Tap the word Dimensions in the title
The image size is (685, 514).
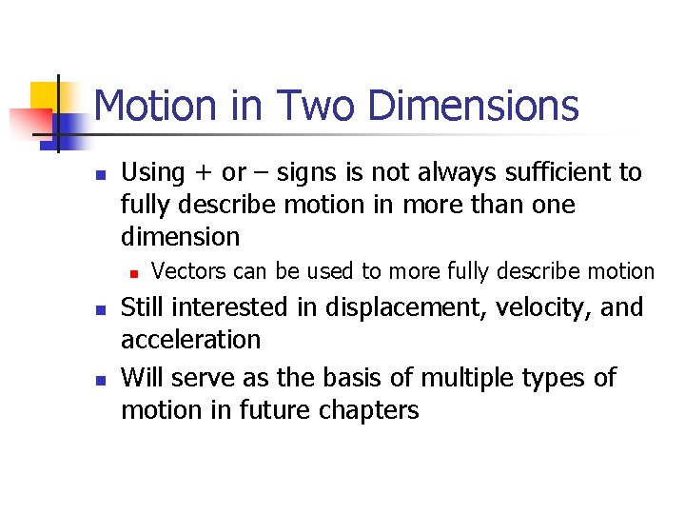coord(473,106)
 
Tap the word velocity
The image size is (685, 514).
coord(547,307)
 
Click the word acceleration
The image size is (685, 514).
coord(190,340)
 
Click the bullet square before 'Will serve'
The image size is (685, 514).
coord(99,380)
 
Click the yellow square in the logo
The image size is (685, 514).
coord(45,95)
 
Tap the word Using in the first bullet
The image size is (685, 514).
coord(152,173)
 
